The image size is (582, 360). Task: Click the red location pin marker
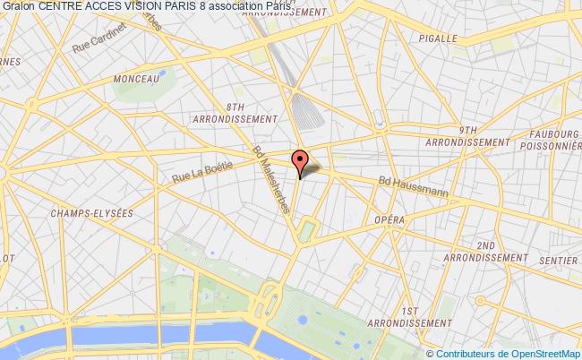pyautogui.click(x=299, y=160)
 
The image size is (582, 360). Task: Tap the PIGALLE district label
pyautogui.click(x=438, y=39)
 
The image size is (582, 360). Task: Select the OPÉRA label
pyautogui.click(x=390, y=219)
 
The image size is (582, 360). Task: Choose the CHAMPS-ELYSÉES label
pyautogui.click(x=91, y=213)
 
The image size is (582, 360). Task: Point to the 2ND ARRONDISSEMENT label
pyautogui.click(x=486, y=251)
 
